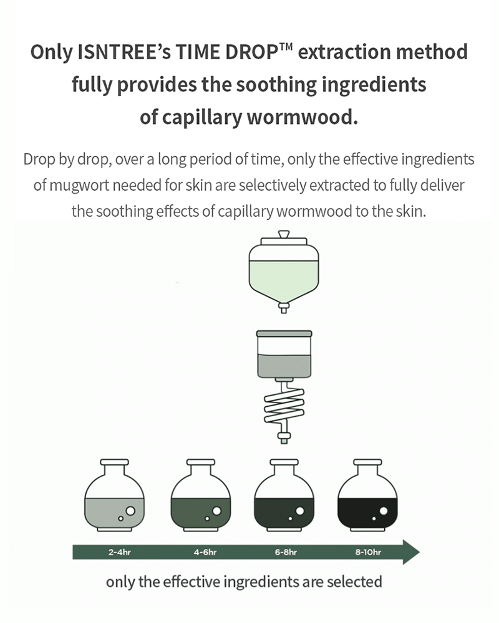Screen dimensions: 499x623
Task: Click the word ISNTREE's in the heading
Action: point(123,52)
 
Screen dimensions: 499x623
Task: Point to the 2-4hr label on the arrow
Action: point(119,552)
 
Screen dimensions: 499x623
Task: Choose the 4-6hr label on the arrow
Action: point(205,552)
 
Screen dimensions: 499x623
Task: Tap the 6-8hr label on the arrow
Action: point(286,552)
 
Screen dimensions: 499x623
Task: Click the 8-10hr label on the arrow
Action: point(368,552)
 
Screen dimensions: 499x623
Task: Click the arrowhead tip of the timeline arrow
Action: point(419,552)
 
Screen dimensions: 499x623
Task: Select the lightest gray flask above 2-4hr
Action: point(114,496)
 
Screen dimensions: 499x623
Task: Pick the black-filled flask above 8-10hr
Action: point(367,496)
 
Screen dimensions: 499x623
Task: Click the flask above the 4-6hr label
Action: point(201,496)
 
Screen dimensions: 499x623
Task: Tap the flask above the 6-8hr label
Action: point(284,496)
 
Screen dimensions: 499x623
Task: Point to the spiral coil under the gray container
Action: point(284,406)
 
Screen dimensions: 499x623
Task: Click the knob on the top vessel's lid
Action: point(284,234)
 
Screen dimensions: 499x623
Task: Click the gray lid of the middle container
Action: point(284,333)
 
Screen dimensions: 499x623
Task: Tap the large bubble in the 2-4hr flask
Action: point(130,511)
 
